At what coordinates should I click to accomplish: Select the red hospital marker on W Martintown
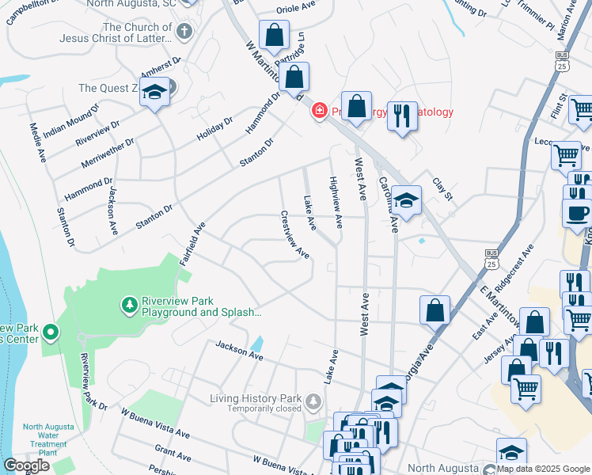[319, 112]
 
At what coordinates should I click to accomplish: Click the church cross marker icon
[184, 32]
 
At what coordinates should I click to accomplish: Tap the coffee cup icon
[575, 212]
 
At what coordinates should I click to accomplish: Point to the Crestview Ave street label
[294, 234]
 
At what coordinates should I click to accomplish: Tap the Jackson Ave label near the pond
[239, 351]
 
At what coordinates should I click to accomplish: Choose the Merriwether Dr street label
[107, 154]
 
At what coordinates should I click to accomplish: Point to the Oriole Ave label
[296, 9]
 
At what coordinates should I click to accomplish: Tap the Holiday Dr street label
[214, 129]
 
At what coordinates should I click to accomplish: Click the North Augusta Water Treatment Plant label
[48, 439]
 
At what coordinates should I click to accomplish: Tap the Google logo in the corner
[26, 465]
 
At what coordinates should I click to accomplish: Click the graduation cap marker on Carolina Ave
[407, 201]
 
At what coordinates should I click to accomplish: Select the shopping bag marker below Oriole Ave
[274, 35]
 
